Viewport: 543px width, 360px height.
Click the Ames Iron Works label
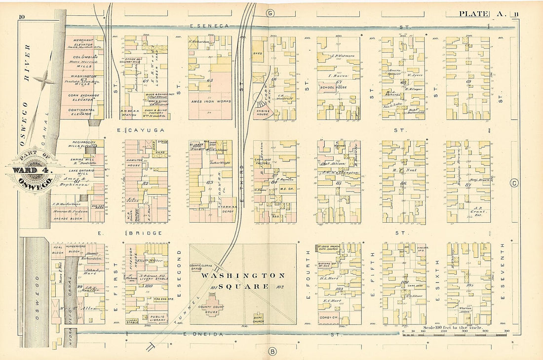click(x=210, y=101)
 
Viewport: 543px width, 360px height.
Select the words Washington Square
click(x=243, y=280)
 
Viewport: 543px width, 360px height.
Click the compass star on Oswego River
click(x=45, y=78)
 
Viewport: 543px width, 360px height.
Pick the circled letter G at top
click(x=270, y=13)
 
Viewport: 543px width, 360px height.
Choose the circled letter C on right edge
click(x=514, y=184)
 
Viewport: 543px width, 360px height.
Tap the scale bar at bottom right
click(x=454, y=334)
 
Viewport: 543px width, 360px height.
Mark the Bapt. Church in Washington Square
click(x=258, y=320)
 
